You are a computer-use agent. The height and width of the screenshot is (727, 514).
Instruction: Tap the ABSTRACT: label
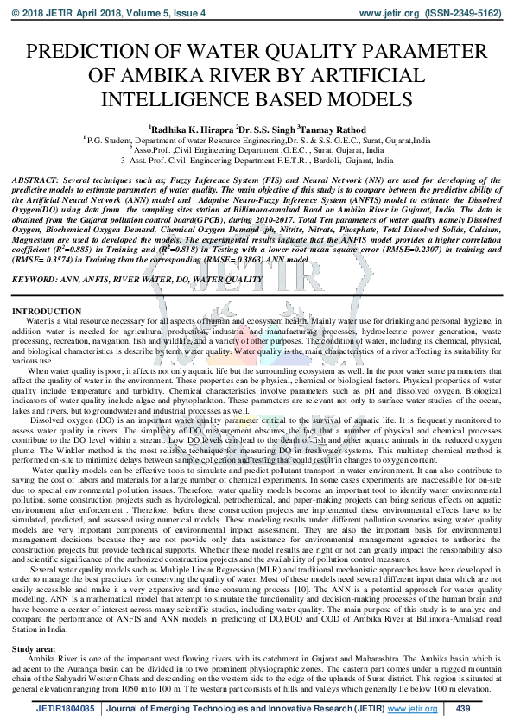[36, 175]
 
